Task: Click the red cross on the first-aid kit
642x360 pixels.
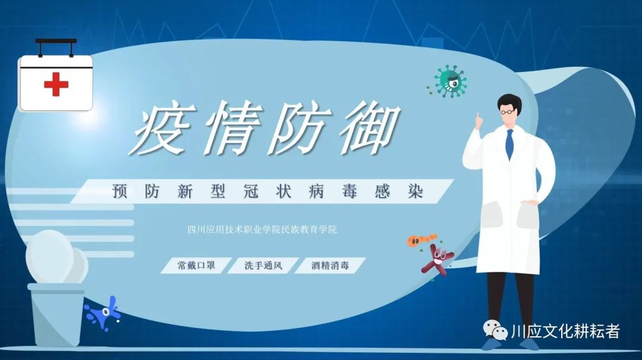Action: tap(56, 84)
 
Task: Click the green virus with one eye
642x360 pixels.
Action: tap(449, 81)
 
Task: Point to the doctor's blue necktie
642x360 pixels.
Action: tap(509, 144)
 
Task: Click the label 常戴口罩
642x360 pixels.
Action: tap(196, 266)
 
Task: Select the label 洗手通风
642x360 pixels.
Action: tap(263, 266)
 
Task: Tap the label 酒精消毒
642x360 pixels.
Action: tap(330, 266)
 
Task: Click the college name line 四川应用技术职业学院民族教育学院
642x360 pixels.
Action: tap(262, 229)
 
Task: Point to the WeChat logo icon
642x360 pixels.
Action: tap(495, 330)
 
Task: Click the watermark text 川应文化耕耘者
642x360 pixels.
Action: tap(565, 331)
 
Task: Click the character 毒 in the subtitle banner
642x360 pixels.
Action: tap(349, 191)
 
